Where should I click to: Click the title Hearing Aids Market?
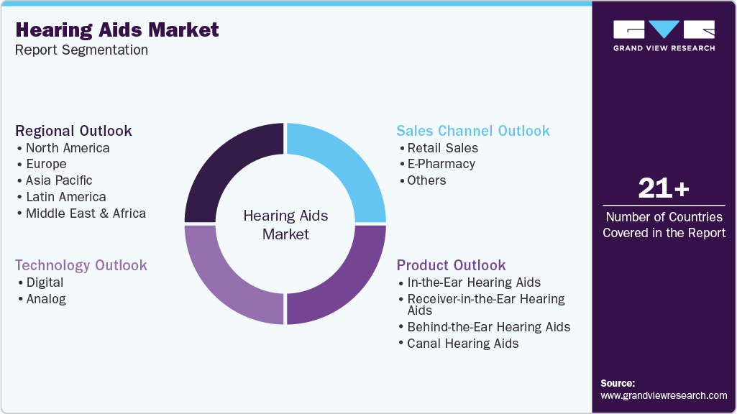pyautogui.click(x=116, y=29)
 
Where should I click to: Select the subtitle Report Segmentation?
pyautogui.click(x=81, y=50)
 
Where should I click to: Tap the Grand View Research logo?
pyautogui.click(x=664, y=35)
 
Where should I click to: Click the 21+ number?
pyautogui.click(x=664, y=188)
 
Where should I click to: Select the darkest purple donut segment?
pyautogui.click(x=226, y=168)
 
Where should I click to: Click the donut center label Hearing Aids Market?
pyautogui.click(x=285, y=224)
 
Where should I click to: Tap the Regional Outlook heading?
pyautogui.click(x=73, y=131)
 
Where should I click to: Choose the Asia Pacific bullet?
pyautogui.click(x=58, y=180)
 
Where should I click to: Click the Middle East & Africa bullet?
pyautogui.click(x=85, y=213)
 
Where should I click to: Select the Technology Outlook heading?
pyautogui.click(x=81, y=265)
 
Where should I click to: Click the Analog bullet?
pyautogui.click(x=45, y=299)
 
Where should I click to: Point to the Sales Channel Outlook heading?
pyautogui.click(x=472, y=131)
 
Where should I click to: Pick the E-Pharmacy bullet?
pyautogui.click(x=441, y=164)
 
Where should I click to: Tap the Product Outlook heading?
pyautogui.click(x=451, y=265)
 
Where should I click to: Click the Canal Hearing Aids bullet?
pyautogui.click(x=462, y=344)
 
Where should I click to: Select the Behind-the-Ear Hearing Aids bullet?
pyautogui.click(x=488, y=327)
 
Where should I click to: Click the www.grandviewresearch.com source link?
pyautogui.click(x=663, y=395)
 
